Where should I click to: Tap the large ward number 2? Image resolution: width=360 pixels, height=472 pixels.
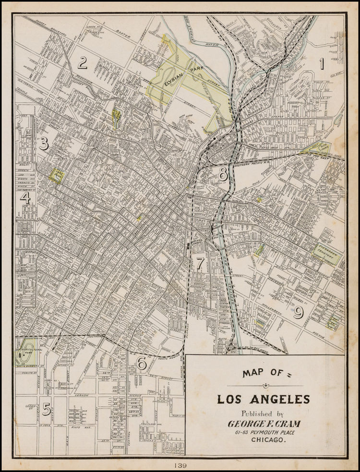(83, 62)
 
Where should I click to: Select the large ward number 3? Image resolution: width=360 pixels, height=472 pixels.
(44, 143)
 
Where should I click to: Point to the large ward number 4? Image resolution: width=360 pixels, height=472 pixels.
(25, 198)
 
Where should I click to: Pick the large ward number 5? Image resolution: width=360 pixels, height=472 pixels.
(46, 409)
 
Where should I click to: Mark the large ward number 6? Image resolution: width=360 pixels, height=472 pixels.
(142, 364)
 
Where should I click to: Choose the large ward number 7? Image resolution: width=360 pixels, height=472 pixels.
(200, 263)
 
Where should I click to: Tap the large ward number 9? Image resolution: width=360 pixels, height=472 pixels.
(299, 312)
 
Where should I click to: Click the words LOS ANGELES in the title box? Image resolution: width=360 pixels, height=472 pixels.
(264, 399)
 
